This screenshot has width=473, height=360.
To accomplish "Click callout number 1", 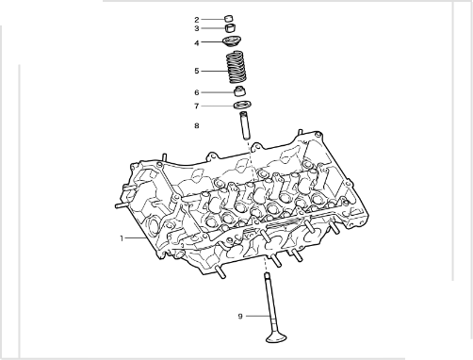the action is tap(122, 238).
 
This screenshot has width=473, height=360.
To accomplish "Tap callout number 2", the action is tap(197, 20).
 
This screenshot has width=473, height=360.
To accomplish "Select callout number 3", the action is tap(197, 28).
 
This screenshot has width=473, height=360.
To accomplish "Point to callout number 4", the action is tap(197, 42).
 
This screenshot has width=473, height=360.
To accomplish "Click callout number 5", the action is tap(197, 71).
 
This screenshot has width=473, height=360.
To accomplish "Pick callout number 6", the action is tap(197, 92).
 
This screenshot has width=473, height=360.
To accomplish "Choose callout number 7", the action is tap(197, 106).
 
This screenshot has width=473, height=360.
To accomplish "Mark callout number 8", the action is tap(197, 126).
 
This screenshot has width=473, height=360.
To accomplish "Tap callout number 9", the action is tap(240, 316).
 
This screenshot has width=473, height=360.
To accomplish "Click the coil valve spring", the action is tap(236, 67).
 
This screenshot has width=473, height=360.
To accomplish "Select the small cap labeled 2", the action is tap(229, 19).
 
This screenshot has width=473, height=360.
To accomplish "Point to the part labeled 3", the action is tap(231, 28).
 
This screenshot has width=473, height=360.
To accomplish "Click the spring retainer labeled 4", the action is tap(232, 41).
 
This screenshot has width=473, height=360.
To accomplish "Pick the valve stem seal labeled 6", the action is tap(240, 90).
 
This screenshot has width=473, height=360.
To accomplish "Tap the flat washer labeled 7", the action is tap(242, 105).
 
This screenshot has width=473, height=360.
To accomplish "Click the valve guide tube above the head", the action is tap(245, 125).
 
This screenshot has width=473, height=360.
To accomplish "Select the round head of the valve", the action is tap(276, 338).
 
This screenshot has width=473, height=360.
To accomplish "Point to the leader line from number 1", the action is tap(136, 238).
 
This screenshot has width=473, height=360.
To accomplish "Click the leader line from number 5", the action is tap(214, 71).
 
